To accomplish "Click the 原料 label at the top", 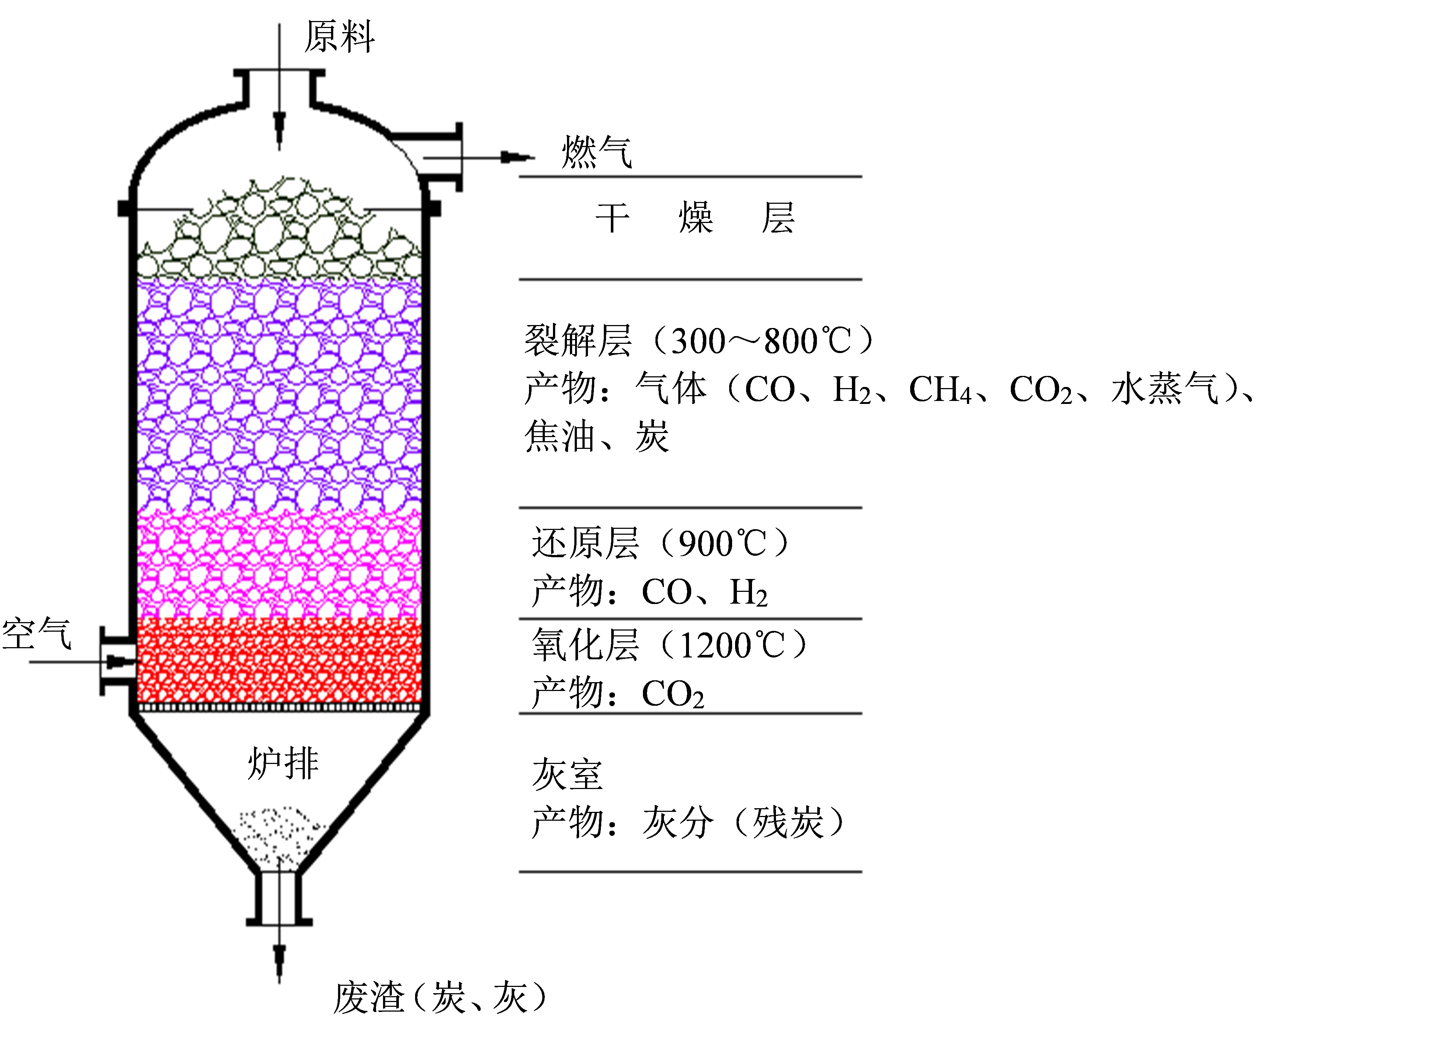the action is tap(339, 36).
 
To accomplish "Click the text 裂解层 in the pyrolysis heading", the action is tap(578, 341).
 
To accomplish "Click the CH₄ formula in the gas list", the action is tap(940, 390).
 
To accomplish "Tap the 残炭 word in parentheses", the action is tap(788, 822).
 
